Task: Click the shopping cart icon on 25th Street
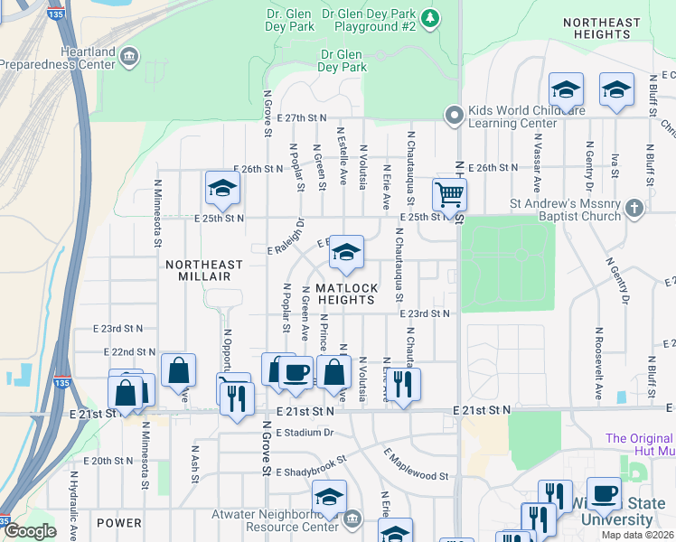pyautogui.click(x=449, y=194)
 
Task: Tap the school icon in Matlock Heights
pyautogui.click(x=346, y=254)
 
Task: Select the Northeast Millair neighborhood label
pyautogui.click(x=204, y=265)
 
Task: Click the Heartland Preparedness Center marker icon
pyautogui.click(x=129, y=56)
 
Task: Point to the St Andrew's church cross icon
pyautogui.click(x=634, y=210)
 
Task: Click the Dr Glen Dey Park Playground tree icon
pyautogui.click(x=431, y=17)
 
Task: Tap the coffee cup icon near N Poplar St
pyautogui.click(x=296, y=371)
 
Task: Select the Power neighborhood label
pyautogui.click(x=118, y=523)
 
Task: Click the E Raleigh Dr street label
pyautogui.click(x=287, y=236)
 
